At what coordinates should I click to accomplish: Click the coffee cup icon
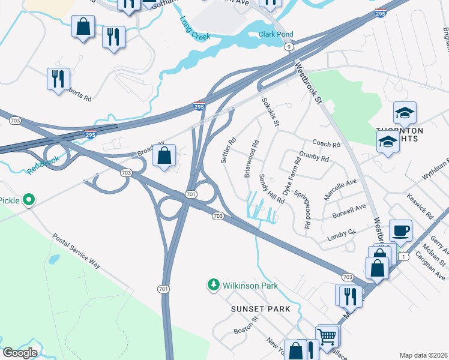click(400, 230)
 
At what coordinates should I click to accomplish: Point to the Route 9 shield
click(289, 46)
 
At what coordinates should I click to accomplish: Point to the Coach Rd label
click(326, 144)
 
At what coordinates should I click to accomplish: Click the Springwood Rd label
click(307, 214)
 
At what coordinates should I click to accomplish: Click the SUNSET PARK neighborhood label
click(261, 308)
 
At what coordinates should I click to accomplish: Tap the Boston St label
click(245, 326)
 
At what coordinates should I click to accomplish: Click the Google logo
click(20, 352)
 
